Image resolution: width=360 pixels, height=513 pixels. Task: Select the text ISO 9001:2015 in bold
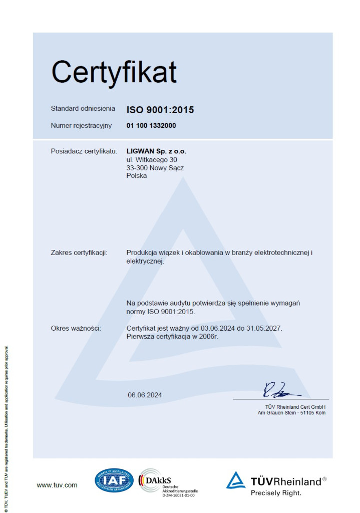160,110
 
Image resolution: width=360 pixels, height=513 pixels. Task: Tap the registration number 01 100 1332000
151,126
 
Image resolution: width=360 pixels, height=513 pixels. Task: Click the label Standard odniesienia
83,109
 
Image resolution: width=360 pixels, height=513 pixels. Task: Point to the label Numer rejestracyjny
82,126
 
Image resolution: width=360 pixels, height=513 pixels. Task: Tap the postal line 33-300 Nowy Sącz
155,168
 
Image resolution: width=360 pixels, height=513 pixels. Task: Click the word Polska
137,176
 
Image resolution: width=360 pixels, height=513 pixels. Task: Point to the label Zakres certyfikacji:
79,252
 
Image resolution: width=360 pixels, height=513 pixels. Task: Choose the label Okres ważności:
76,328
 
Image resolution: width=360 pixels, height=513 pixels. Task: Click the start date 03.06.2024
217,328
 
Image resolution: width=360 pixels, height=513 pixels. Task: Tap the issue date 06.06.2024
145,395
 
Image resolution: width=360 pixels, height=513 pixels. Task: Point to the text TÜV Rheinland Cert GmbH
295,406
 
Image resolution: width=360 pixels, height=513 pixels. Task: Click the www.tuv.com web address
57,485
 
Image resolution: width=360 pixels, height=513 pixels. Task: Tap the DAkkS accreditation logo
168,482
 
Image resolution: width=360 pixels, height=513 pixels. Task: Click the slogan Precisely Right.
276,493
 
